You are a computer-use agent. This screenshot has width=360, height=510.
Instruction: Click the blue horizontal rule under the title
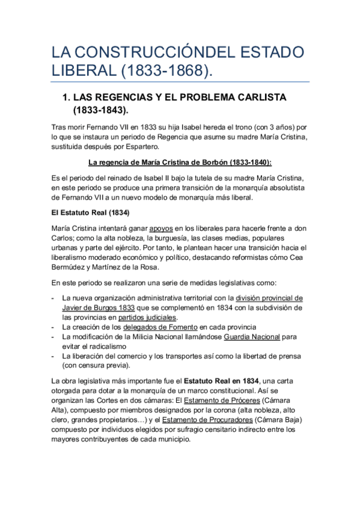point(180,82)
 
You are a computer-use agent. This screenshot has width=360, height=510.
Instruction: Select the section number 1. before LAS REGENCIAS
point(67,97)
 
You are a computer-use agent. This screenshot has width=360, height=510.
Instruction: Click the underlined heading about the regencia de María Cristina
point(180,162)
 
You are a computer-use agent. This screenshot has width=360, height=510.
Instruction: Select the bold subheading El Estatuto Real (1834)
point(91,213)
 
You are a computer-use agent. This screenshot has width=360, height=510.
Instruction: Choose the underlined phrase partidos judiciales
point(147,318)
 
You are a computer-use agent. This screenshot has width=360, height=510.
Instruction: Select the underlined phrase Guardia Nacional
point(252,337)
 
